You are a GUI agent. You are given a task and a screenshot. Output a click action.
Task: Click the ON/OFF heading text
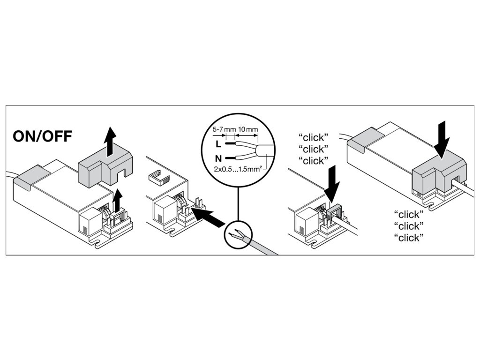(43, 136)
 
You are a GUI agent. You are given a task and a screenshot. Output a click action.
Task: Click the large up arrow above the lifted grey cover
(109, 141)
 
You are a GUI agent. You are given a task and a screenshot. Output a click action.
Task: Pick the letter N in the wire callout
(218, 158)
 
